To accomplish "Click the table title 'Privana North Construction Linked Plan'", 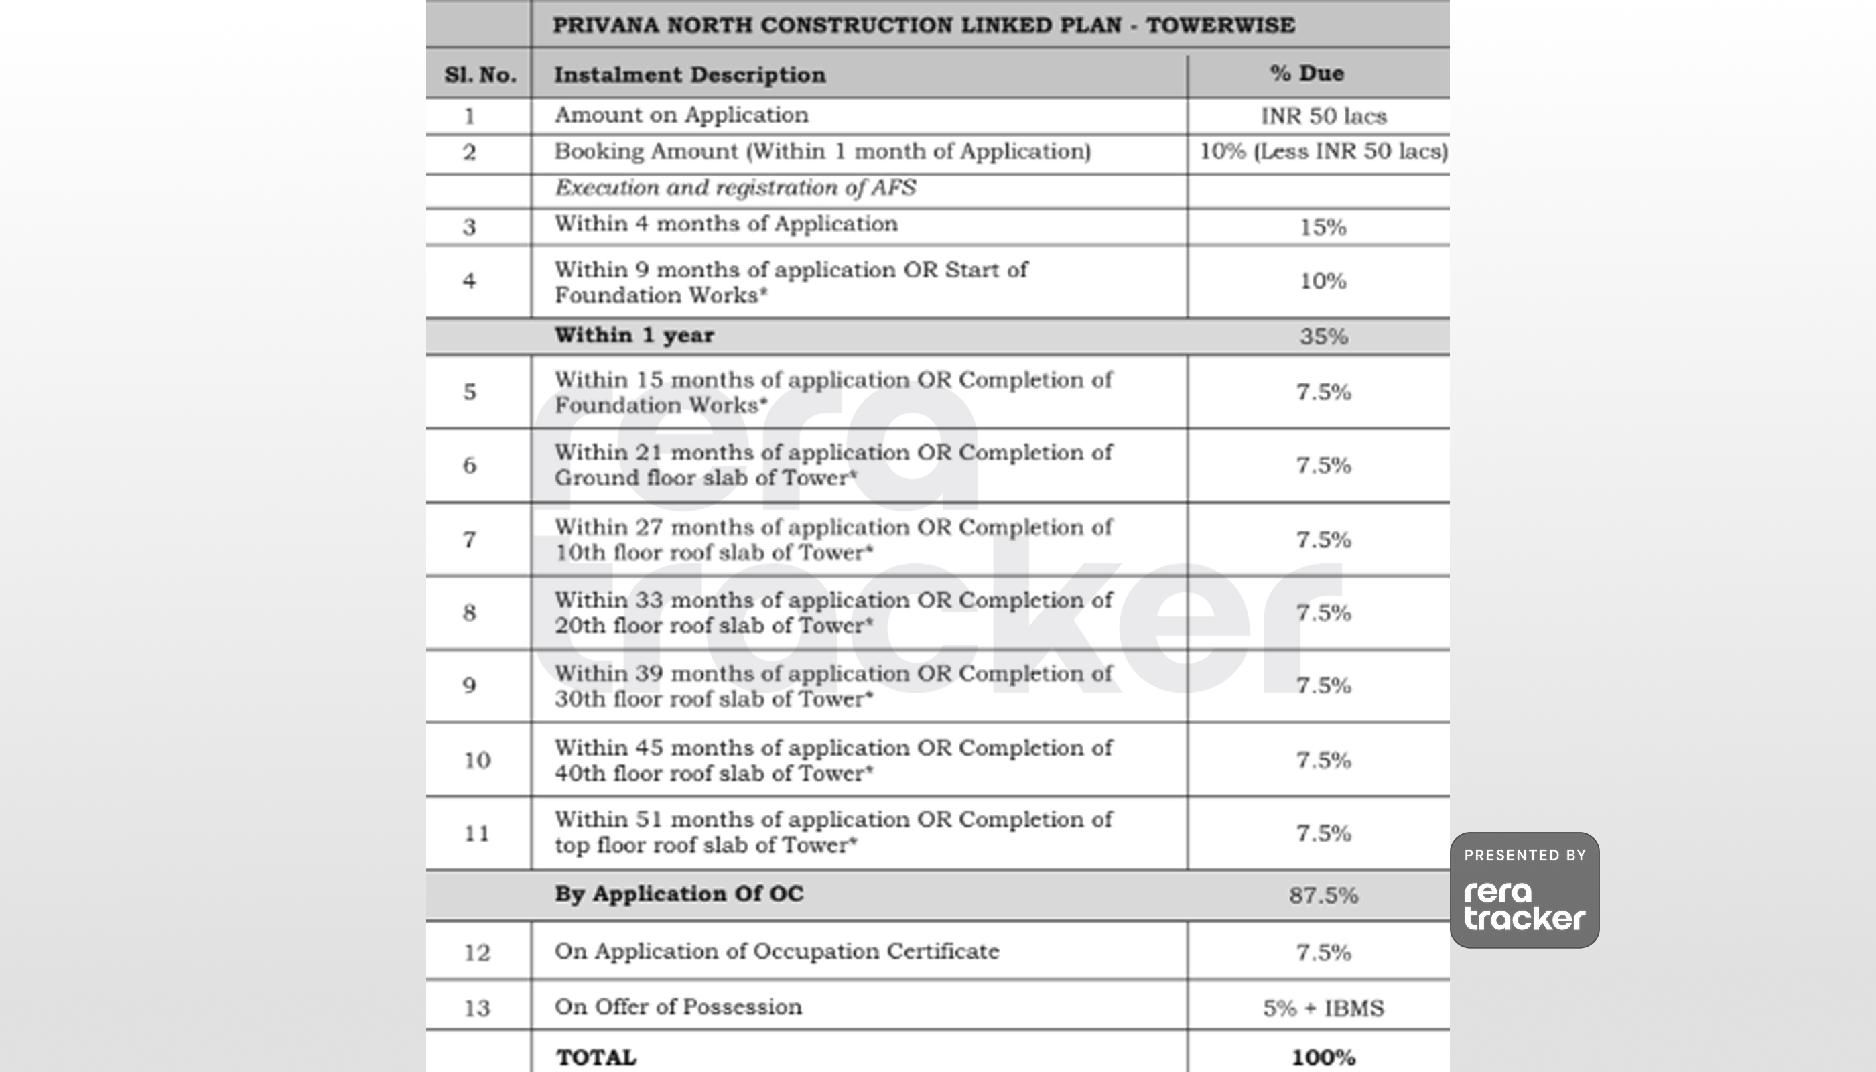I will tap(923, 25).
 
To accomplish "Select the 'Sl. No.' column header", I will tap(479, 75).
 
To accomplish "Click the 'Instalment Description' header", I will tap(690, 75).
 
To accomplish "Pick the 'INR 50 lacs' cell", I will tap(1323, 117).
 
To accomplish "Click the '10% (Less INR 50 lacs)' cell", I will tap(1323, 151).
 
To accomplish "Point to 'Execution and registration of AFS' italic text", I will tap(735, 188).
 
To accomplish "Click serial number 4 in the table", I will tap(469, 281).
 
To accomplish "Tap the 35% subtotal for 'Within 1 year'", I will tap(1323, 336).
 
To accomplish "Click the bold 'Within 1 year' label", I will tap(634, 335).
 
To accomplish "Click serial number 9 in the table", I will tap(469, 686).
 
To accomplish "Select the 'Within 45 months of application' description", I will tap(833, 760).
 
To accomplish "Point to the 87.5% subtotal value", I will tap(1323, 895).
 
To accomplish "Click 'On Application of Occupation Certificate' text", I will tap(776, 951).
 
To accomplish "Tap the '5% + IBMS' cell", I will tap(1323, 1008).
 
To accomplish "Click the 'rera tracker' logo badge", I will tap(1524, 891).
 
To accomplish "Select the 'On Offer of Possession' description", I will tap(677, 1007).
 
